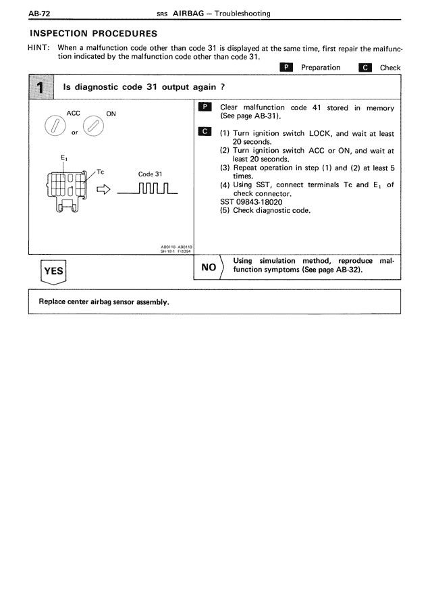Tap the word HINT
(39, 48)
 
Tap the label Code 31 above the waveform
(150, 174)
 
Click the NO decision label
(208, 268)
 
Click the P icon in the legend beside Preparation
(286, 68)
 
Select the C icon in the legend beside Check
(366, 68)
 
